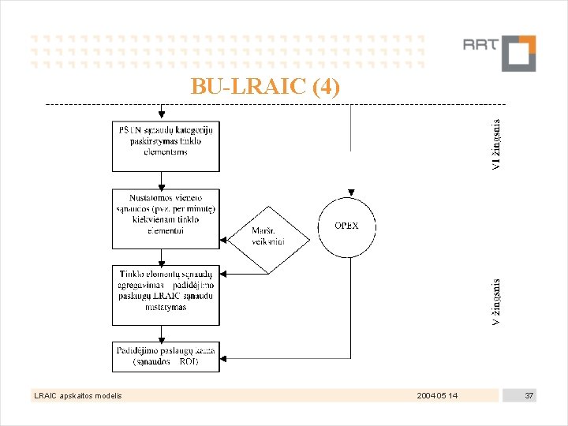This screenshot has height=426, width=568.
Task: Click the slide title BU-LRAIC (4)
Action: click(x=266, y=86)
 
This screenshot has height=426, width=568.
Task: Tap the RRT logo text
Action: click(x=480, y=44)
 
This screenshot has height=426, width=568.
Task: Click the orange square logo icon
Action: click(x=518, y=53)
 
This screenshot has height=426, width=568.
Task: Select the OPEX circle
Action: click(x=347, y=226)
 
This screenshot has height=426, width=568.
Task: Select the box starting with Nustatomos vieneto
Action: click(x=166, y=213)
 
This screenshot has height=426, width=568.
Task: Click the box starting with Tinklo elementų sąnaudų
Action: click(x=166, y=294)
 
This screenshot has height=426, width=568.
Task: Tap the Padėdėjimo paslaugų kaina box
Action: click(x=166, y=356)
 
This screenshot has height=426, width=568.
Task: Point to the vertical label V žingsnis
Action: click(x=495, y=302)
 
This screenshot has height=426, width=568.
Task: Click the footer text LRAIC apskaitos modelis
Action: click(x=77, y=395)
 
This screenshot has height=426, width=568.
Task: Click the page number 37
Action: click(x=529, y=395)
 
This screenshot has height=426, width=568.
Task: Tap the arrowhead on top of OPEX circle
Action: click(x=351, y=192)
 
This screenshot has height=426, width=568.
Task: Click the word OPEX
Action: click(x=346, y=226)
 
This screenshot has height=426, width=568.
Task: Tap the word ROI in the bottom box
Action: click(x=189, y=362)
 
